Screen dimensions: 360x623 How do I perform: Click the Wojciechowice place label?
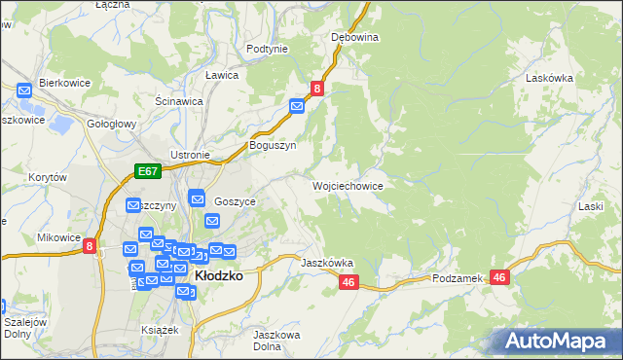coord(347,185)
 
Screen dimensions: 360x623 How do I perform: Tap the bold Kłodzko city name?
coord(218,275)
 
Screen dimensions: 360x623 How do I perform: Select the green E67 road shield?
coord(146,172)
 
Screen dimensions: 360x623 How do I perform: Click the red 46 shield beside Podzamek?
coord(499,277)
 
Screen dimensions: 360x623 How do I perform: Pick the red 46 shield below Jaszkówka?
coord(350,281)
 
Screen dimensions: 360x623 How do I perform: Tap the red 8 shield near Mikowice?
coord(90,247)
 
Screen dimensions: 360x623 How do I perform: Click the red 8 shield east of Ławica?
coord(316,89)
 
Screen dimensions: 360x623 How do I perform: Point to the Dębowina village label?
coord(354,37)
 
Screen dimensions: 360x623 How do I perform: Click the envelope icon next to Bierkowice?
coord(25,90)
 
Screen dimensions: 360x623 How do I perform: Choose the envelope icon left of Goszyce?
coord(197,198)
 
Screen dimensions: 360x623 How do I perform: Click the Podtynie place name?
coord(267,49)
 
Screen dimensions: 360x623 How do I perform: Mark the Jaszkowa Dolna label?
coord(274,341)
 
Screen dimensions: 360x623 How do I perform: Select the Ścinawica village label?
coord(179,100)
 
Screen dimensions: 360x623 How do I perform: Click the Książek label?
coord(161,330)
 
